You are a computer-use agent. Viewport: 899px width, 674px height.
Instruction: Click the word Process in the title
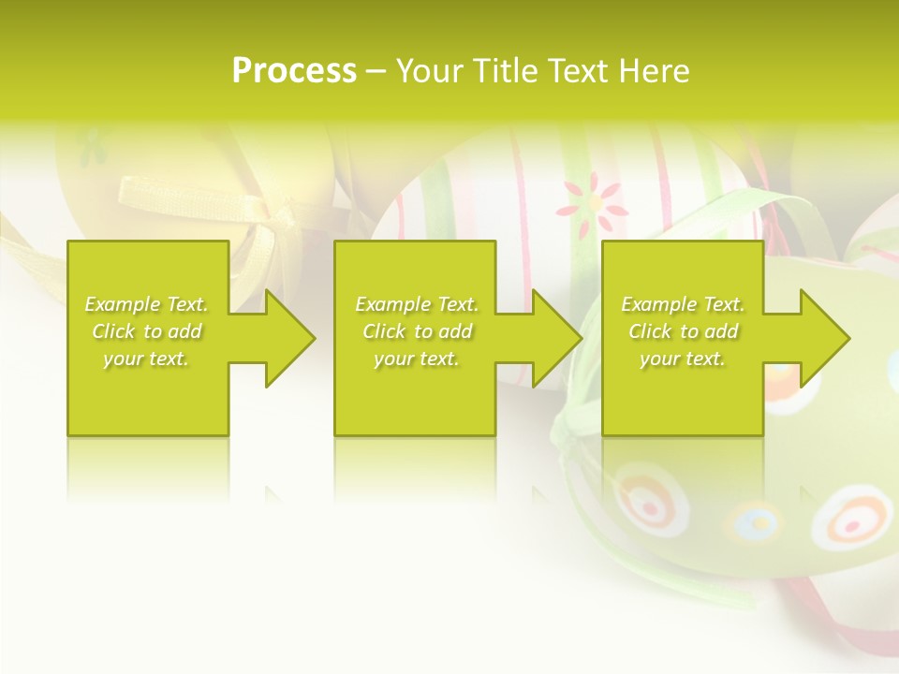click(294, 71)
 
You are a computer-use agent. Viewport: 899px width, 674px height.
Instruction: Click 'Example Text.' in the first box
click(147, 304)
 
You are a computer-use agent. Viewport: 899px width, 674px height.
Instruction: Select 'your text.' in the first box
click(147, 359)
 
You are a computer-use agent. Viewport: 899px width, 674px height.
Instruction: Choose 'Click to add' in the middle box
click(417, 331)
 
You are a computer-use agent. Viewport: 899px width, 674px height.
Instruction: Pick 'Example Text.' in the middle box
click(417, 304)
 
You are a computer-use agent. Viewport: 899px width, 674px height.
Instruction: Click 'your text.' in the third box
click(683, 359)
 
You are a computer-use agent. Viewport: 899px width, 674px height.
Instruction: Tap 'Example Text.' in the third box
click(683, 304)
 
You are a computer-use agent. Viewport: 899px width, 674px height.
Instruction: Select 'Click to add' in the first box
click(147, 331)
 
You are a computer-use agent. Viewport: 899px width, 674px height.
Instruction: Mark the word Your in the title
click(430, 71)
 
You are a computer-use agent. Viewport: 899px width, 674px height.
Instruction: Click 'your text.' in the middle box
click(417, 359)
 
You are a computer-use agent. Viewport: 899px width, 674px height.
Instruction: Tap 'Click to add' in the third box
click(683, 331)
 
